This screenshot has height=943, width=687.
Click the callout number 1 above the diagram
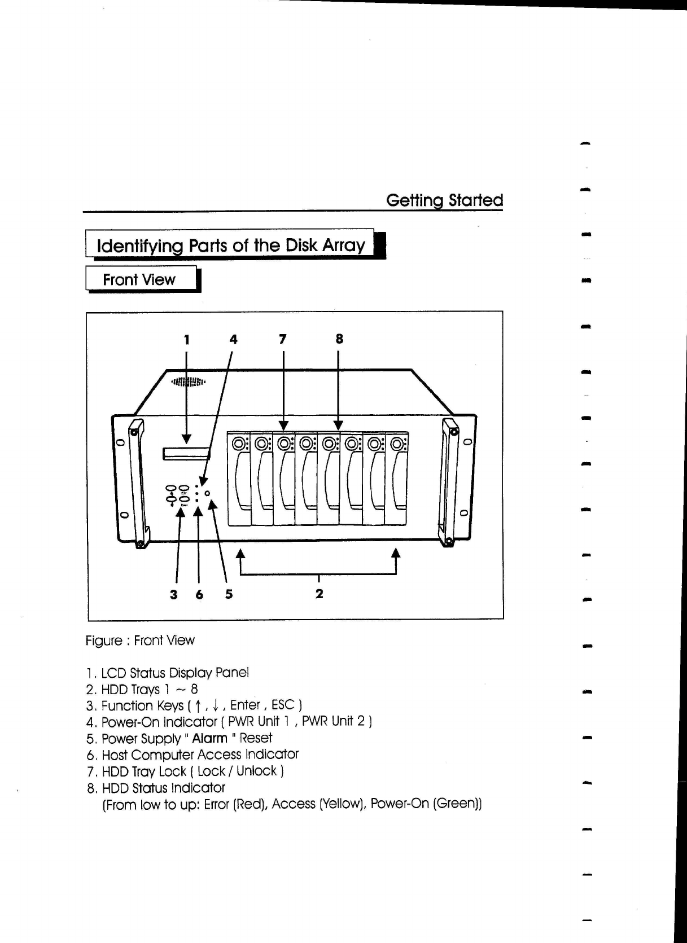(x=186, y=339)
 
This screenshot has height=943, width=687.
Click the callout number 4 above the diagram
(x=233, y=339)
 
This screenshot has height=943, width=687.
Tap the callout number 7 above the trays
(x=283, y=339)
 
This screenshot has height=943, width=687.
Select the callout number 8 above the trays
(x=339, y=339)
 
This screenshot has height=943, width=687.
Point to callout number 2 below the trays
(x=319, y=594)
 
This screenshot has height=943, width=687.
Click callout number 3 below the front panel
(x=174, y=594)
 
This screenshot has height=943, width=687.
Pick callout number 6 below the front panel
(x=199, y=594)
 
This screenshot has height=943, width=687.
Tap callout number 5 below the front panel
(x=229, y=594)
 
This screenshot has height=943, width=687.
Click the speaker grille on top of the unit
(x=189, y=382)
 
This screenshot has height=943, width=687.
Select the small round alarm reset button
(x=208, y=494)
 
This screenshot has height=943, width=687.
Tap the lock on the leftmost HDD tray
(x=239, y=444)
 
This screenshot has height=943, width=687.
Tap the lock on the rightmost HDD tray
(x=397, y=444)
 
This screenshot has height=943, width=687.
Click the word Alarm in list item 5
(x=209, y=738)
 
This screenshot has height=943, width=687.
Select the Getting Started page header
(x=444, y=200)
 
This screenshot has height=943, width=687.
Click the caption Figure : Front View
(x=140, y=641)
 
